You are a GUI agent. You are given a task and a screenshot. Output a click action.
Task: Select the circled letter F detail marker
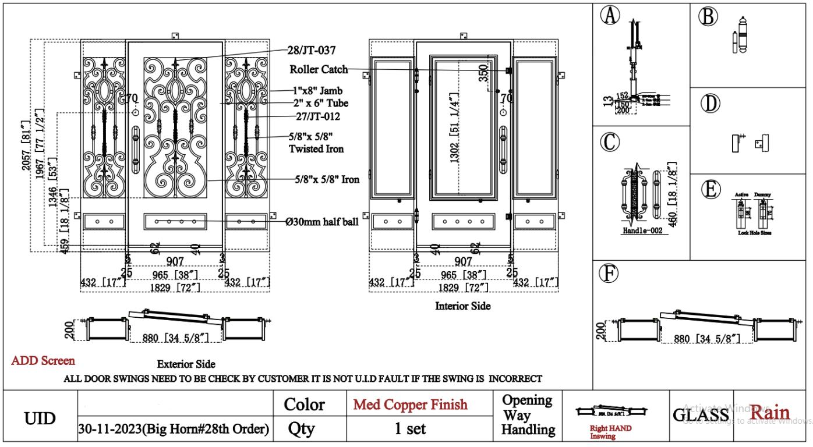tap(611, 271)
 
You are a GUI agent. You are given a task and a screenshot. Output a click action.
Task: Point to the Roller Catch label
tap(319, 69)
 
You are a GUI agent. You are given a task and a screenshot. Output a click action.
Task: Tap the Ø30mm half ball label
tap(322, 221)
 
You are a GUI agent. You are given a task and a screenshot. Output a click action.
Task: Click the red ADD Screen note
tap(43, 361)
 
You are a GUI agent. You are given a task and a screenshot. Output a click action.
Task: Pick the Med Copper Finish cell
tap(411, 405)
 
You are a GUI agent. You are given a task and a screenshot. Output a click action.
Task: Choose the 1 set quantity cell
tap(411, 430)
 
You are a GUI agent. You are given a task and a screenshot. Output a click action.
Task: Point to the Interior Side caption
tap(463, 306)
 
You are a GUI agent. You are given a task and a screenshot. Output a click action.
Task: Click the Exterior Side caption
tap(186, 364)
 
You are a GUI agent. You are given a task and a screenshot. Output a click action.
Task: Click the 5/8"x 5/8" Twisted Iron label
tap(317, 143)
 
